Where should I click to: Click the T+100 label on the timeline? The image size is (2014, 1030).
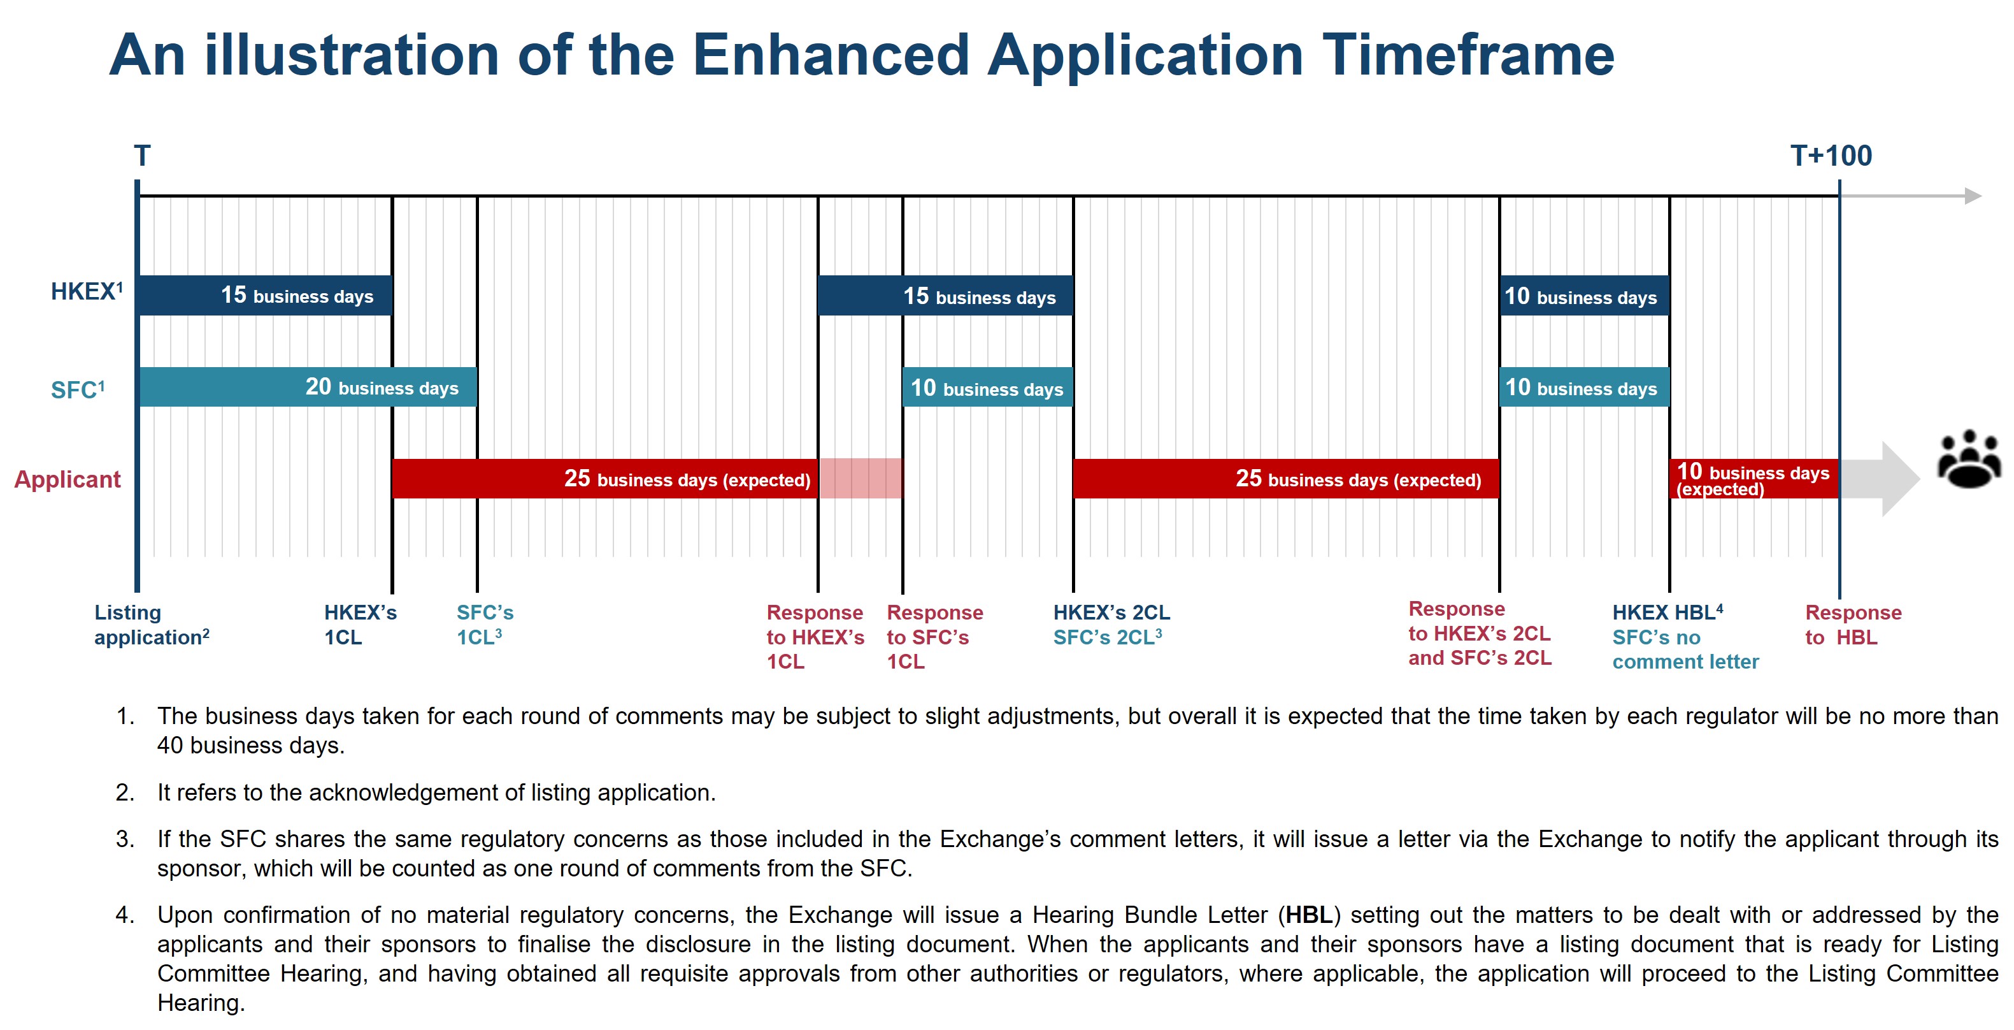1831,156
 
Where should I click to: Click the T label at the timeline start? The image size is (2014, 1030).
141,156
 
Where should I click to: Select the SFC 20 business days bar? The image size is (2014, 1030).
307,387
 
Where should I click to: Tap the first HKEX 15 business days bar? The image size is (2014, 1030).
264,296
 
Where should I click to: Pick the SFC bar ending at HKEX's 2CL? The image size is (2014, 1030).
987,388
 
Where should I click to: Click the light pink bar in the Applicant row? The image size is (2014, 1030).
860,478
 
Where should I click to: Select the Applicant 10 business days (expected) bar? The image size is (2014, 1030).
1753,479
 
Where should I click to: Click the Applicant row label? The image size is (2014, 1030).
68,479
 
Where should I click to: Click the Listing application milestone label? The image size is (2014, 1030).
151,624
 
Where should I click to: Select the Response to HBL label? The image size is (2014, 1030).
1852,624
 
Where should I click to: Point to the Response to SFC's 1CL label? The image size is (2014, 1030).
934,637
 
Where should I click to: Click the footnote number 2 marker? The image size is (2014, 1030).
124,792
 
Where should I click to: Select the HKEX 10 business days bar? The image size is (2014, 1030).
1584,296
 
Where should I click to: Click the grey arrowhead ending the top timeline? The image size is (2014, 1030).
1973,196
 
